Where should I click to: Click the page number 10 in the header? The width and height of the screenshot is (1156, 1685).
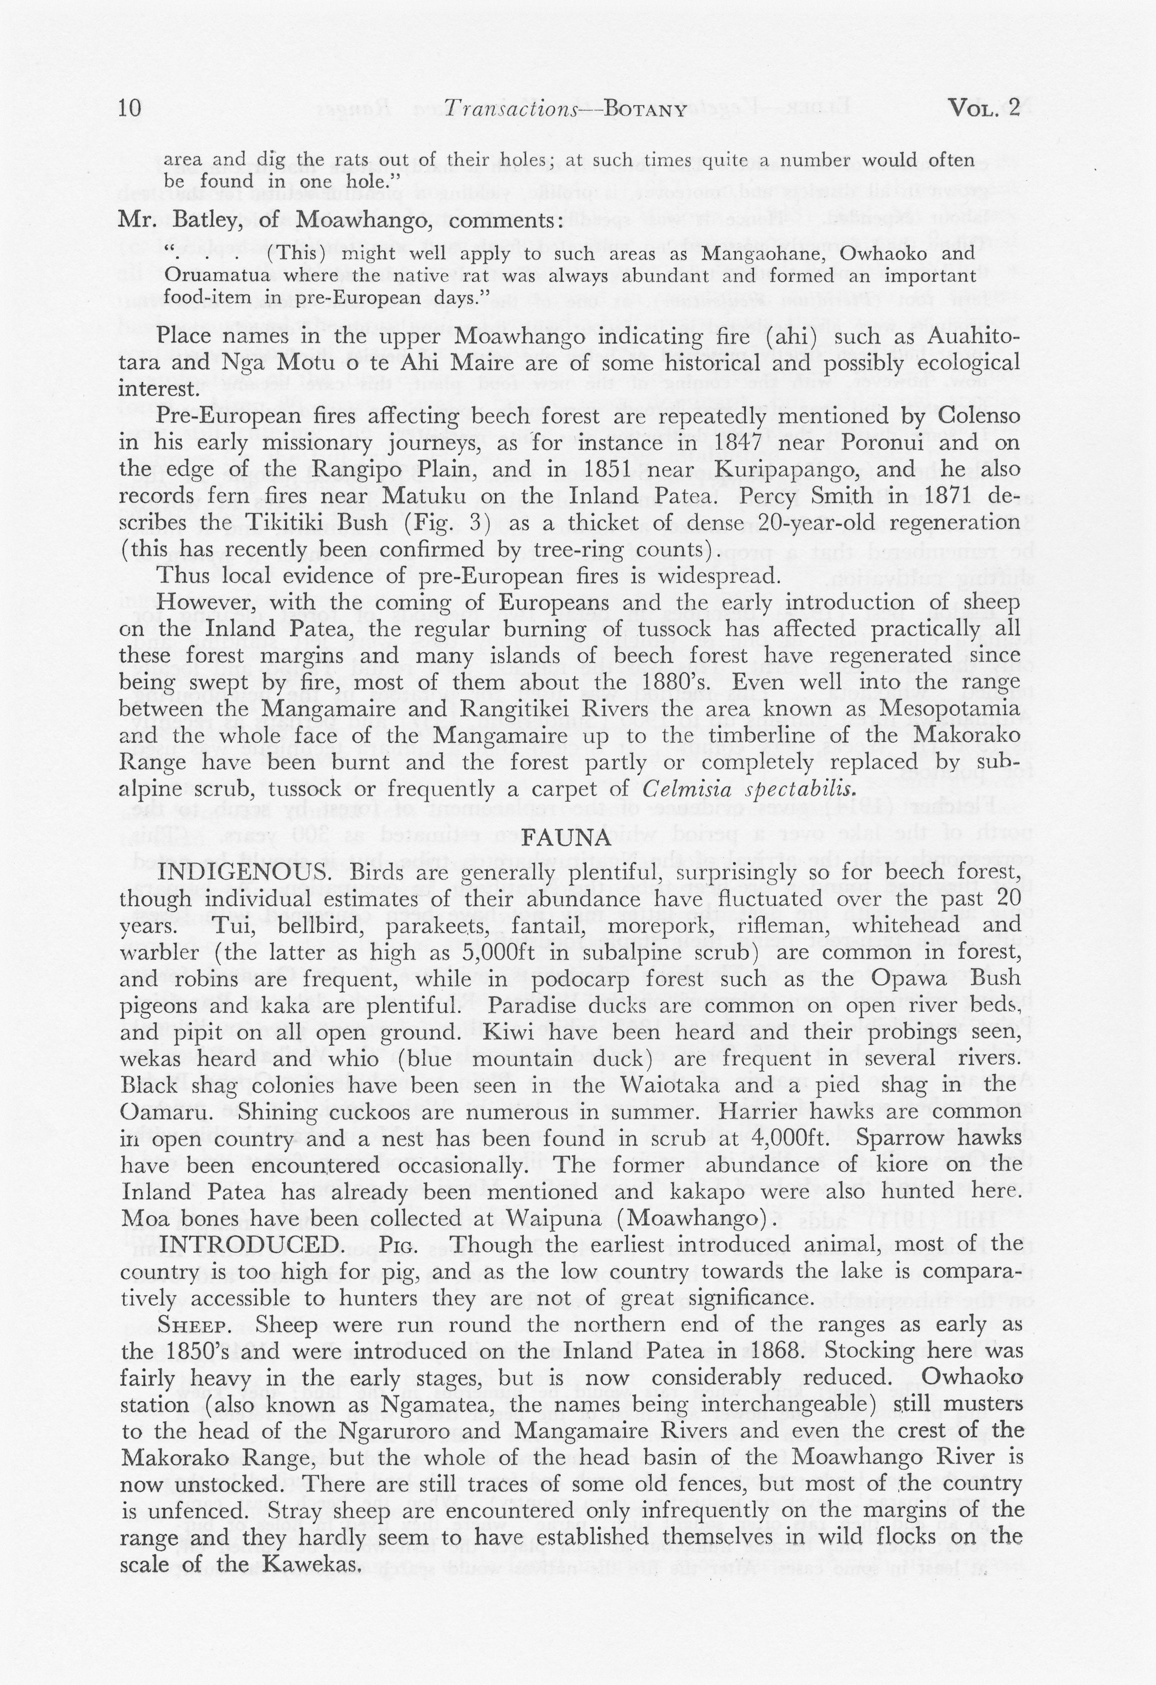tap(130, 109)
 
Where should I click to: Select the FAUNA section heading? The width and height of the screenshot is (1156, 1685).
tap(567, 838)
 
